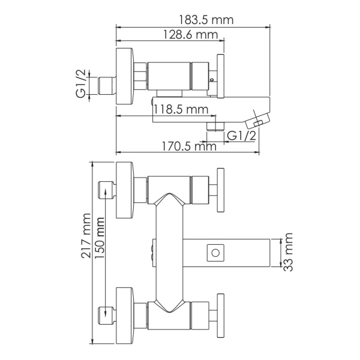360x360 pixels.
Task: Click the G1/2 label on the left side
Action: point(82,84)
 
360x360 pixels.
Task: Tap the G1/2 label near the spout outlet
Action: point(241,136)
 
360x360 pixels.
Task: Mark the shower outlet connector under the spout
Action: point(215,126)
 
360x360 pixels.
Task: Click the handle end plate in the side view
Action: point(221,77)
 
